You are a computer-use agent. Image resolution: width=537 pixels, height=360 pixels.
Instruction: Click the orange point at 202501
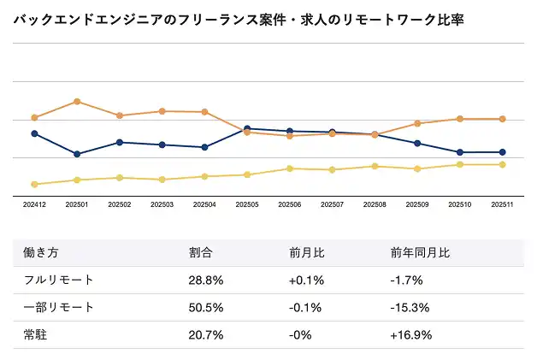pos(77,102)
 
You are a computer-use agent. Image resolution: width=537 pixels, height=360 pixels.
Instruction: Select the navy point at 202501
pos(77,154)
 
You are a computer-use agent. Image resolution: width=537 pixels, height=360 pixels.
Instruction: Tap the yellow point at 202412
pos(34,184)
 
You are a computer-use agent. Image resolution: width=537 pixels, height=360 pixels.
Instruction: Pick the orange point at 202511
pos(502,119)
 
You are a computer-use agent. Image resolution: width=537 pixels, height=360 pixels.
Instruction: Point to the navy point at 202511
pos(502,152)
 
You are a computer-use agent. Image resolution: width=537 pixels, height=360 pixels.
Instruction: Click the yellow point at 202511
pos(502,164)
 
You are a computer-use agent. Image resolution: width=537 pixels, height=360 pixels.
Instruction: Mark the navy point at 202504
pos(204,147)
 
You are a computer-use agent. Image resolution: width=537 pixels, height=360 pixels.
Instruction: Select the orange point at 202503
pos(162,111)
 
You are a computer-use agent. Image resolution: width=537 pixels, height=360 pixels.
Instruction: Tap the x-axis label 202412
pos(34,205)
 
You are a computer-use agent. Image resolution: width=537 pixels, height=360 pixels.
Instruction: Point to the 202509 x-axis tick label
pos(416,205)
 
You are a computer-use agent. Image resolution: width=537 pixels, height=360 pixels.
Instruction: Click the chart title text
pos(239,19)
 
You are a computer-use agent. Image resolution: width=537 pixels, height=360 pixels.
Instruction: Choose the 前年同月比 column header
pos(420,253)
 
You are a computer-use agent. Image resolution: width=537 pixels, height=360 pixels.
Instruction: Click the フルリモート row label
pos(54,280)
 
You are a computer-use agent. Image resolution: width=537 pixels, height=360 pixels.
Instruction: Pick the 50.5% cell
pos(206,307)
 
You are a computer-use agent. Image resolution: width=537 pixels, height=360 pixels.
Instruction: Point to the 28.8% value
pos(206,280)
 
